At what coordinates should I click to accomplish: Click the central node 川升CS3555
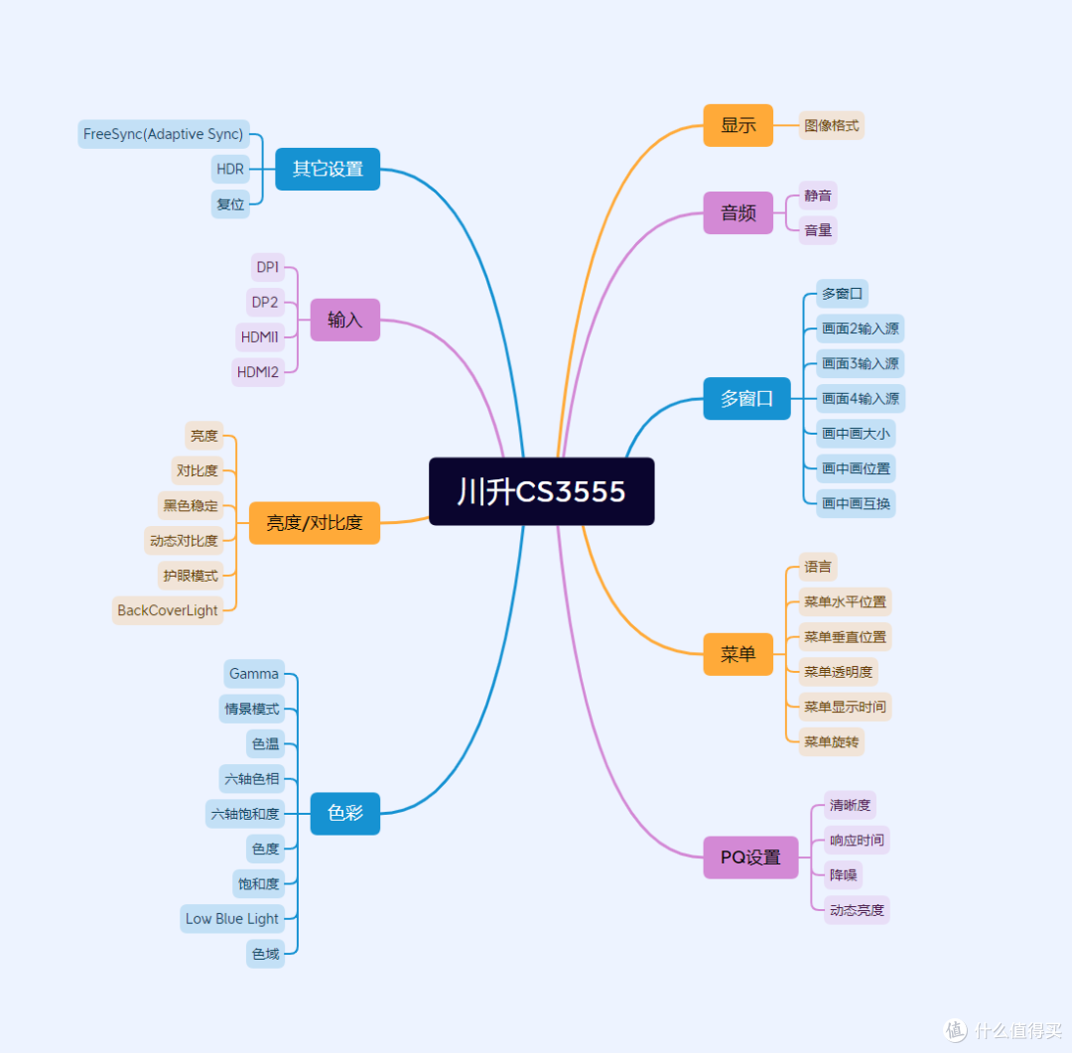pyautogui.click(x=542, y=491)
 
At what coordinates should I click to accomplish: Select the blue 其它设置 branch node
pyautogui.click(x=328, y=169)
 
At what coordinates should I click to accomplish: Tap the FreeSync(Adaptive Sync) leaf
pyautogui.click(x=164, y=134)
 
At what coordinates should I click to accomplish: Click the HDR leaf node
pyautogui.click(x=230, y=169)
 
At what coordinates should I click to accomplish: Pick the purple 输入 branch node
pyautogui.click(x=345, y=320)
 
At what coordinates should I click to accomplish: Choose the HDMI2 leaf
pyautogui.click(x=258, y=372)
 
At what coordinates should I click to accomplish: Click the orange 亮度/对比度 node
pyautogui.click(x=315, y=523)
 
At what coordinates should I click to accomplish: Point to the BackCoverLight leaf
pyautogui.click(x=168, y=610)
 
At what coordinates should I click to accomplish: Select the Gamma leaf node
pyautogui.click(x=254, y=674)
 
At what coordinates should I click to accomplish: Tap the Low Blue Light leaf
pyautogui.click(x=232, y=918)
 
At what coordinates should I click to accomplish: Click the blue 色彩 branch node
pyautogui.click(x=345, y=813)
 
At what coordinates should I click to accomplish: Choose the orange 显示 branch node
pyautogui.click(x=738, y=125)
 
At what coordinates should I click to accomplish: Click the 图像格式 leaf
pyautogui.click(x=832, y=125)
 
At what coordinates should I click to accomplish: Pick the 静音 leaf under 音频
pyautogui.click(x=818, y=196)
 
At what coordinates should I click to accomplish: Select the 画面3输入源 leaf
pyautogui.click(x=860, y=363)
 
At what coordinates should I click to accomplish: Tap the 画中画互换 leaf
pyautogui.click(x=856, y=503)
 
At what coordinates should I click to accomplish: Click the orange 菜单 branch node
pyautogui.click(x=738, y=654)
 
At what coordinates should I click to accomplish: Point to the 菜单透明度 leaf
pyautogui.click(x=838, y=672)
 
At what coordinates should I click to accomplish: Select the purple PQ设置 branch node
pyautogui.click(x=750, y=856)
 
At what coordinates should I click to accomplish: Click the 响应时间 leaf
pyautogui.click(x=857, y=840)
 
